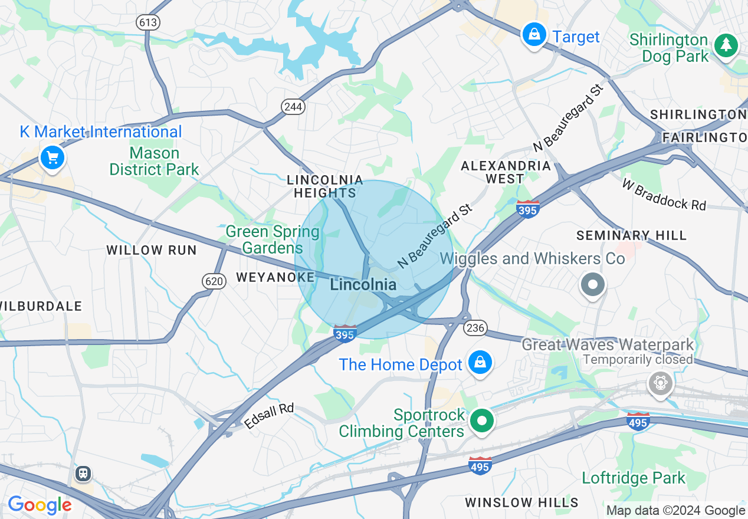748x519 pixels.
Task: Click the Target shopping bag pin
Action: pyautogui.click(x=534, y=35)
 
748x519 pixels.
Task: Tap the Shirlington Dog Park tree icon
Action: pyautogui.click(x=726, y=45)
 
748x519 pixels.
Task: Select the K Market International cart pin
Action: pyautogui.click(x=53, y=157)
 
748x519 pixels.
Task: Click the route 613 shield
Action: pyautogui.click(x=147, y=22)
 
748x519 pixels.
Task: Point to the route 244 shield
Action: pyautogui.click(x=293, y=107)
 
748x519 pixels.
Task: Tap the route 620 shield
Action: pyautogui.click(x=214, y=281)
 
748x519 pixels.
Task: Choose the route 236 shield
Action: pyautogui.click(x=475, y=328)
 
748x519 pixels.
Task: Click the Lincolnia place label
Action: pyautogui.click(x=363, y=285)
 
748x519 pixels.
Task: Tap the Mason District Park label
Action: pyautogui.click(x=155, y=162)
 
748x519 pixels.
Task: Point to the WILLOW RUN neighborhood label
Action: pyautogui.click(x=152, y=250)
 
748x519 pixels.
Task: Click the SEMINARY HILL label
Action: pyautogui.click(x=631, y=236)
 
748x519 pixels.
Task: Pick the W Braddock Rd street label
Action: pyautogui.click(x=664, y=195)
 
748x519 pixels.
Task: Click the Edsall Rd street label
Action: pyautogui.click(x=269, y=416)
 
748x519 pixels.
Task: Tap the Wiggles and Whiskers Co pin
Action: pyautogui.click(x=593, y=285)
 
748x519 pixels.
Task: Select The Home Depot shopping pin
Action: pyautogui.click(x=480, y=363)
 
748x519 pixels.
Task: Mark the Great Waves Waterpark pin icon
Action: pyautogui.click(x=660, y=383)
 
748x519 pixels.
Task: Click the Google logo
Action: pyautogui.click(x=40, y=505)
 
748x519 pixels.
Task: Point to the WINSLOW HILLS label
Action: pyautogui.click(x=521, y=502)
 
